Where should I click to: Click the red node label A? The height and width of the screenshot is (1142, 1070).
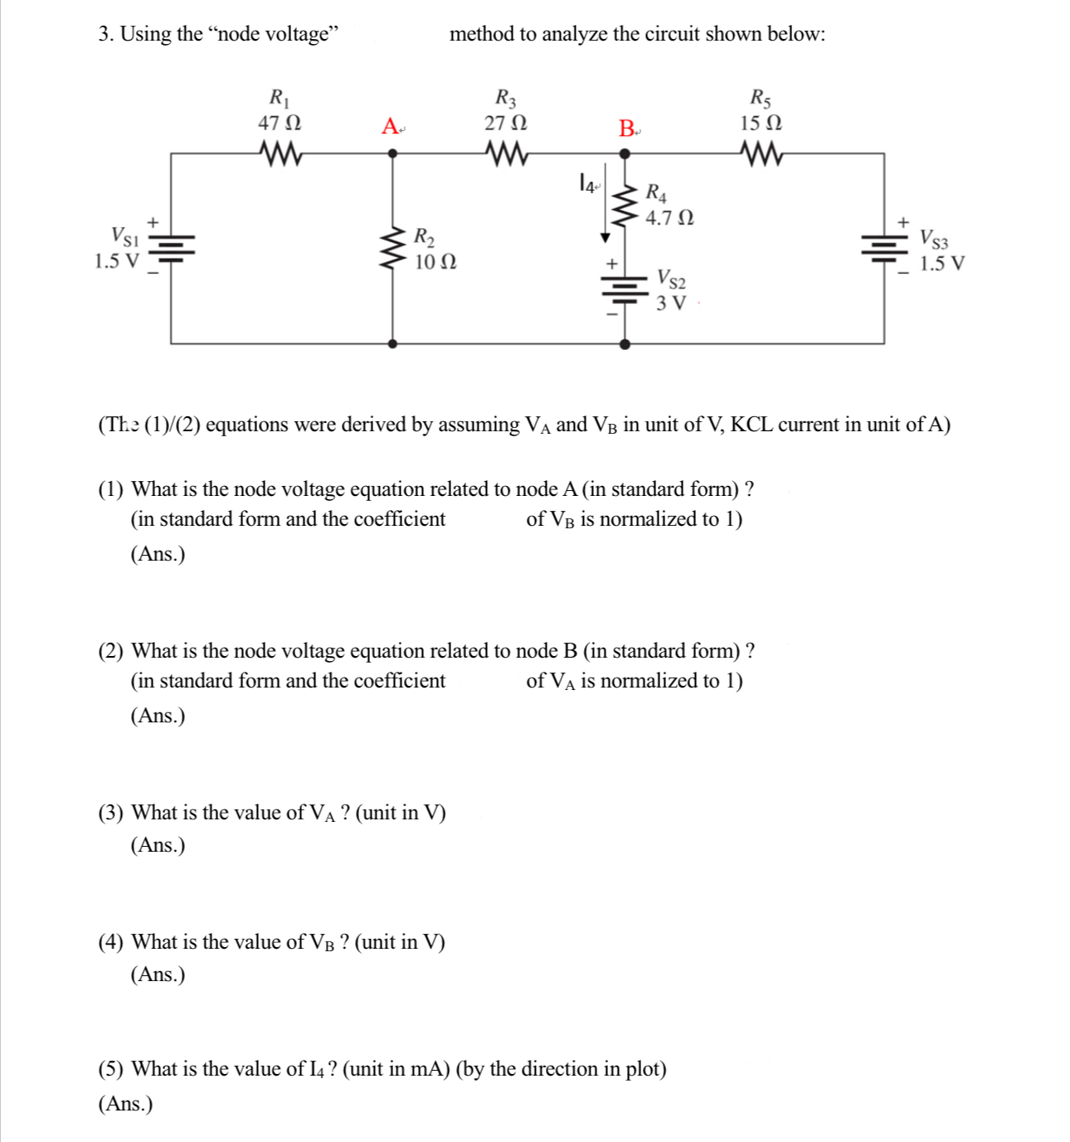(390, 127)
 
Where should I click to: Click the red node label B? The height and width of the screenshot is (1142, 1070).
(626, 129)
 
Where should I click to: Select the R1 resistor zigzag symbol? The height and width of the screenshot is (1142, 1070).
(280, 153)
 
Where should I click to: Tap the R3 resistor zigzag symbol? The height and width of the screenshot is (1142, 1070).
(505, 153)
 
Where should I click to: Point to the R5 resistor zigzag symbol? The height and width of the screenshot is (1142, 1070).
(761, 153)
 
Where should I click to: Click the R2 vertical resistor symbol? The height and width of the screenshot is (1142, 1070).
(392, 248)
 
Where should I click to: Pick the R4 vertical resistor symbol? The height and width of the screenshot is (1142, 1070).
(625, 205)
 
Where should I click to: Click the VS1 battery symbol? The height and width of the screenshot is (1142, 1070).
(171, 246)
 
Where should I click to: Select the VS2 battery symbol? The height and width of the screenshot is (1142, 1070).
(625, 290)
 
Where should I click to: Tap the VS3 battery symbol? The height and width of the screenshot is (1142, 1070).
(883, 246)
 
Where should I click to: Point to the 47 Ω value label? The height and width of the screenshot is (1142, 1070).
(280, 123)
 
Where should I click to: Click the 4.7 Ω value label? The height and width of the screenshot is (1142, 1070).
(669, 218)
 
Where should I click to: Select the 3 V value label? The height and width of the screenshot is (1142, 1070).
(671, 303)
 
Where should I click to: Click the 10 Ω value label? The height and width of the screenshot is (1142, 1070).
(435, 262)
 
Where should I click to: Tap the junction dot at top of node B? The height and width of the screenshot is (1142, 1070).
(625, 153)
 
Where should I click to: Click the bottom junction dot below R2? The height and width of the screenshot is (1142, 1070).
(392, 343)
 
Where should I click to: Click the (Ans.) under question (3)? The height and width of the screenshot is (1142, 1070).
(158, 845)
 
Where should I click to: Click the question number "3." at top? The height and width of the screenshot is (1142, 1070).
(106, 34)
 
